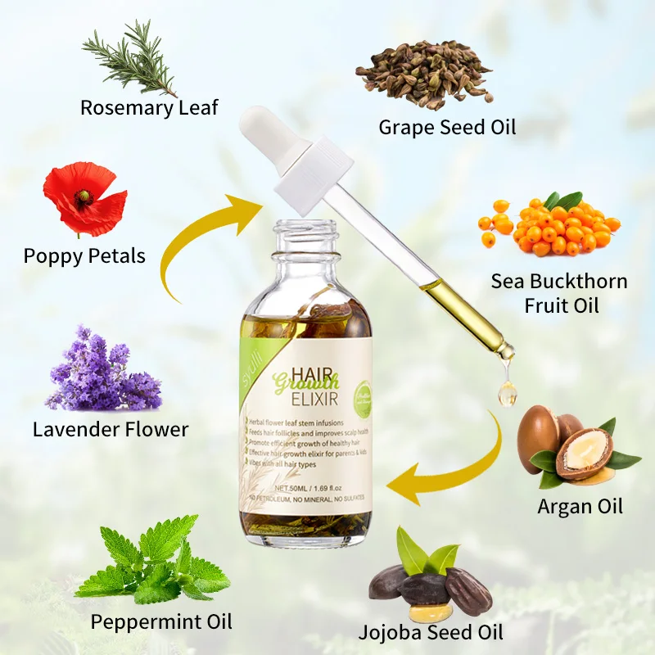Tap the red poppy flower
point(84,200)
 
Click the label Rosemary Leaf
point(149,107)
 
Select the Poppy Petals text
point(84,255)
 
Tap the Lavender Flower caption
point(111,428)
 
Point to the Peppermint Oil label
point(161,622)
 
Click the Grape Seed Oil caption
point(447,127)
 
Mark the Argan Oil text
point(580,506)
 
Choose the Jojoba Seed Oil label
point(431,632)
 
